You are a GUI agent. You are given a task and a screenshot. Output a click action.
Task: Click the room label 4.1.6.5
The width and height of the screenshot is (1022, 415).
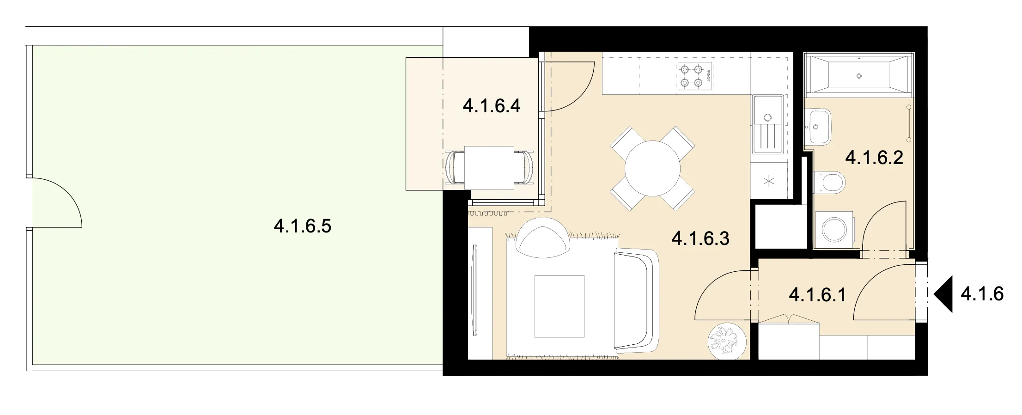(303, 226)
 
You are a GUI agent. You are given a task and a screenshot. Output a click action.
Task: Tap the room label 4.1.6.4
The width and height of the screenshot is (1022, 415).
(492, 106)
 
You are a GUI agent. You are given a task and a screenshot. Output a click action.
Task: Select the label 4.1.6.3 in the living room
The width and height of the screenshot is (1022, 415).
(700, 238)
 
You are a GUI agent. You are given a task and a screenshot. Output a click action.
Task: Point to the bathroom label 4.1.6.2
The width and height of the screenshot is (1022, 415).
(874, 158)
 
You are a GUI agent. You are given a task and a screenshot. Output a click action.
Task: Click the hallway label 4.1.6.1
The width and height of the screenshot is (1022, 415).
(817, 294)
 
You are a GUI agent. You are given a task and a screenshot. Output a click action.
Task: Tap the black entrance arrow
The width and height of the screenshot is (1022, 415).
(943, 294)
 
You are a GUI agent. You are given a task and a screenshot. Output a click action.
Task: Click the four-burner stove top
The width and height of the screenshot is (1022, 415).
(695, 77)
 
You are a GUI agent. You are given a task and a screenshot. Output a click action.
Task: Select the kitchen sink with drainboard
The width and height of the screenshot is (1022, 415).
(767, 124)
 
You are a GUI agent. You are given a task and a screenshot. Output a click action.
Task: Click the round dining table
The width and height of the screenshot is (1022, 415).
(652, 169)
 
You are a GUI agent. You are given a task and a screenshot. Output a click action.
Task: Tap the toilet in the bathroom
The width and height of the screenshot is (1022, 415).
(829, 183)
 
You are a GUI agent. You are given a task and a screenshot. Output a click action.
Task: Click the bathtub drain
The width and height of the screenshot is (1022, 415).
(859, 76)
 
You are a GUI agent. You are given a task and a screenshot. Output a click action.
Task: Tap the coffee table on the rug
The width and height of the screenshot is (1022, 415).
(560, 306)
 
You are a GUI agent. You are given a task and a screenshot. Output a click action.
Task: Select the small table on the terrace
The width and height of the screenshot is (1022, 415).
(489, 168)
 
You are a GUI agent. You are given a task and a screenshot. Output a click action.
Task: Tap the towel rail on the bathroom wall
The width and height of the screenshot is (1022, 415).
(909, 123)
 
